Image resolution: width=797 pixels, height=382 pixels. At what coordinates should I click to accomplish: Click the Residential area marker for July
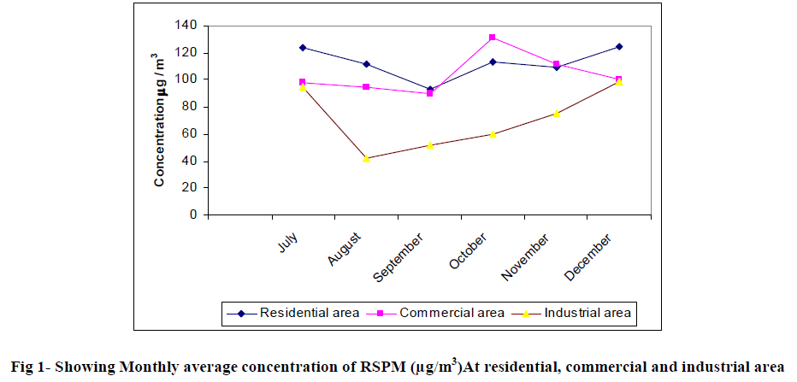(x=303, y=47)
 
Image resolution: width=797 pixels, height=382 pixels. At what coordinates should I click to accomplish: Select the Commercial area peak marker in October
(x=493, y=38)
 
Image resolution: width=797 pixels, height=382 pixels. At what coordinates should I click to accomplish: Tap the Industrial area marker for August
(x=366, y=158)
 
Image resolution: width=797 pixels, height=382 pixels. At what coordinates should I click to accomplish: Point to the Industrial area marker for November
(x=556, y=114)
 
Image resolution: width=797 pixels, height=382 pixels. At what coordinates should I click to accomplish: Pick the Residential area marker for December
(x=619, y=46)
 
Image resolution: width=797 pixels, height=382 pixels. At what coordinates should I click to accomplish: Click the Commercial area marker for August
(x=366, y=87)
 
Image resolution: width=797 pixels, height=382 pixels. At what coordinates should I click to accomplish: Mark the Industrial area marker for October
(x=493, y=134)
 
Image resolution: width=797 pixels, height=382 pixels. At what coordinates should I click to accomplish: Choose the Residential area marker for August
(x=366, y=64)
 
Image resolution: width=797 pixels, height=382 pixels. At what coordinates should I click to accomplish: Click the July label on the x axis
(x=289, y=243)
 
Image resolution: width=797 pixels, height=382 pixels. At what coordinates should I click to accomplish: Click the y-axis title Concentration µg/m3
(x=160, y=120)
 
